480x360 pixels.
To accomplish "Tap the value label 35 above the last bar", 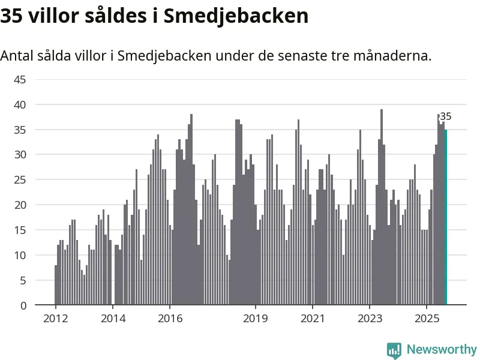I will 445,117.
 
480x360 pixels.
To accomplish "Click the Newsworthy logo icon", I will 394,350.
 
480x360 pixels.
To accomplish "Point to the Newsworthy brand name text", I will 442,349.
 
